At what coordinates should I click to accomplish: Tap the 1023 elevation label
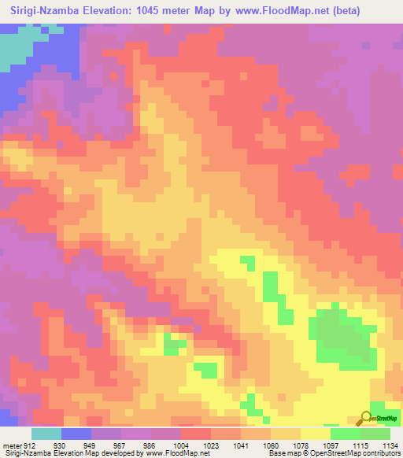(x=210, y=445)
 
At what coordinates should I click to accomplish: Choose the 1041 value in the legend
(x=240, y=445)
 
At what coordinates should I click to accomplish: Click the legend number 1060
(x=270, y=445)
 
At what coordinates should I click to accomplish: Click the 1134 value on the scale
(x=389, y=445)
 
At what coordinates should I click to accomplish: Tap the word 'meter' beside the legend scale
(x=11, y=445)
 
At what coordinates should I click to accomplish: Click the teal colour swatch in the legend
(x=46, y=434)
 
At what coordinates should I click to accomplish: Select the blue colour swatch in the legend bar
(x=76, y=434)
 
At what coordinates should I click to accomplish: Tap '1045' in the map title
(x=169, y=11)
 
